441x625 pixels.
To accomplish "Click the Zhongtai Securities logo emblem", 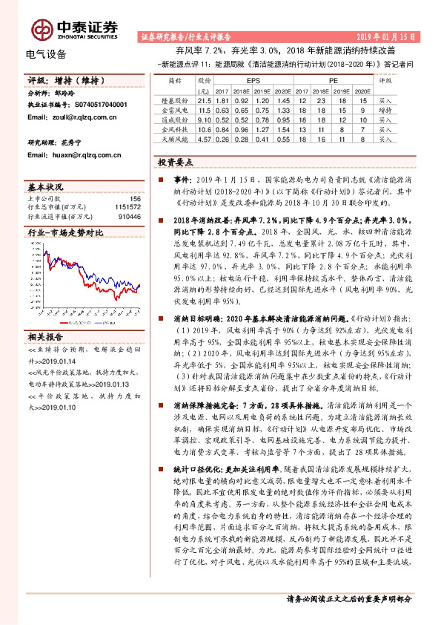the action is pyautogui.click(x=42, y=30).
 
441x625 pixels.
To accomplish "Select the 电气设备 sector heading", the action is pyautogui.click(x=46, y=54).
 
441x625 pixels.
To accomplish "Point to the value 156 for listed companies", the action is pyautogui.click(x=135, y=198).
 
